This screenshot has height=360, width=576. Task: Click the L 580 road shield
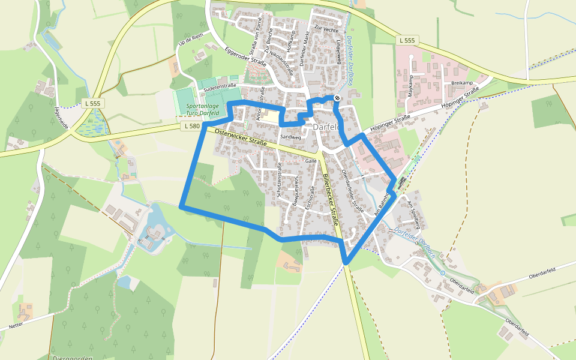tap(191, 126)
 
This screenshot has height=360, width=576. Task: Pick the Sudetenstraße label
tap(220, 86)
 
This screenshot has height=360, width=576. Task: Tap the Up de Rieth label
tap(191, 39)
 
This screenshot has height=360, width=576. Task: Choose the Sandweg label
tap(291, 137)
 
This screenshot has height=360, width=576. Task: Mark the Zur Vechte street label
tap(326, 29)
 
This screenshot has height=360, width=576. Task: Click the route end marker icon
tap(338, 98)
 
